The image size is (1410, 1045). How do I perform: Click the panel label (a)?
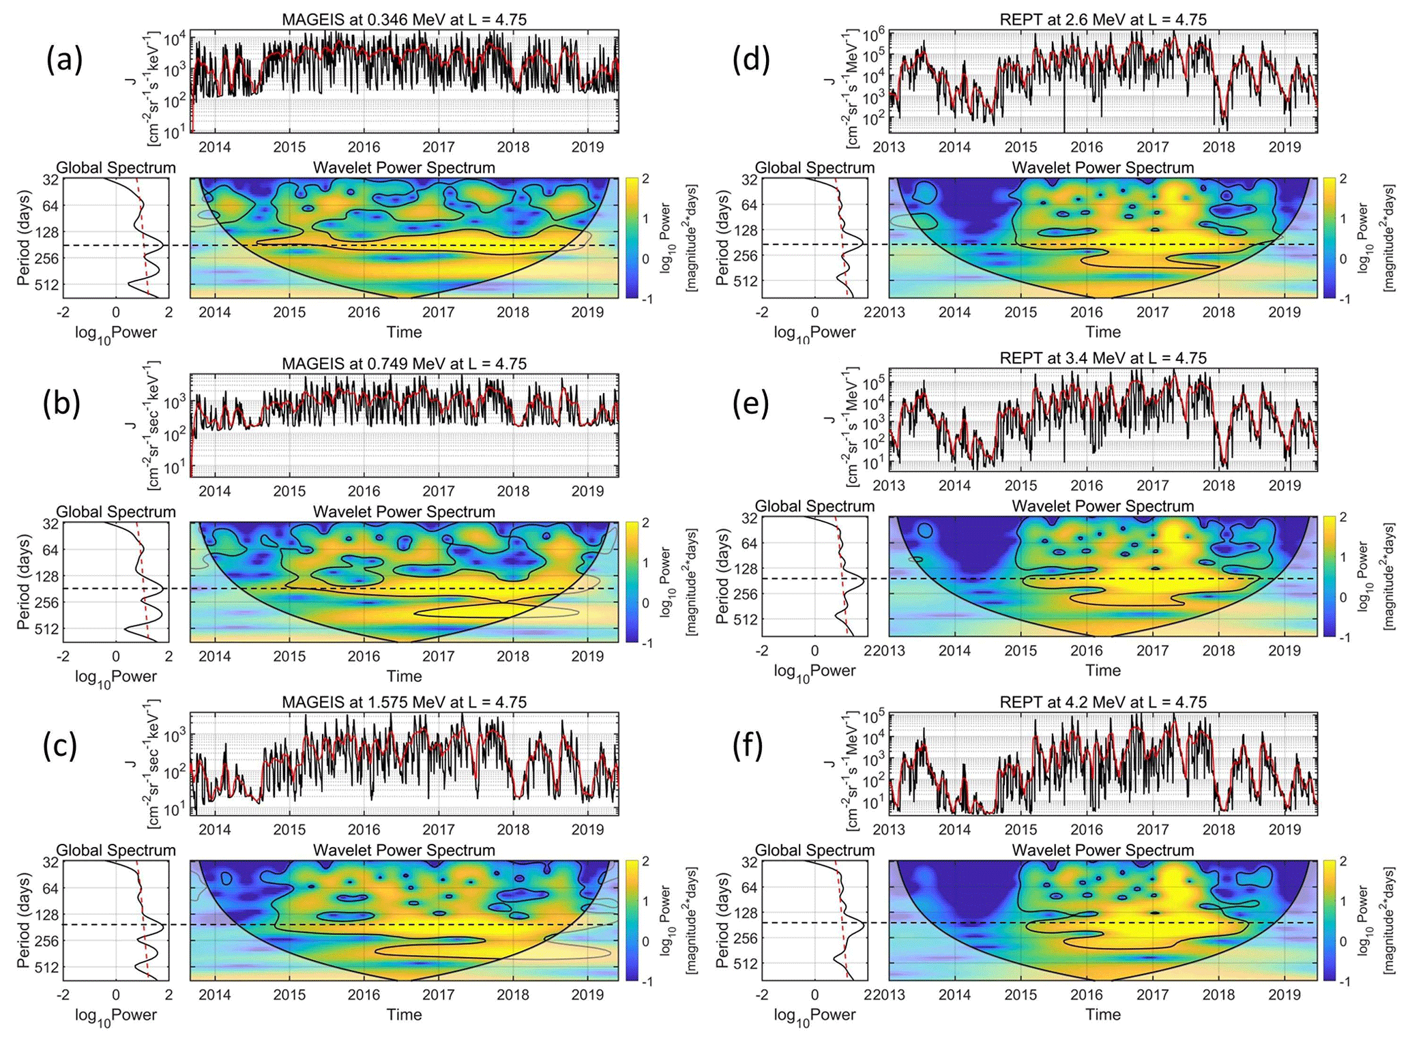64,61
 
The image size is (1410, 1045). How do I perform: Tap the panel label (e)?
750,404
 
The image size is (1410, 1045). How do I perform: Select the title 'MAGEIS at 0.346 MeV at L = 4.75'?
404,20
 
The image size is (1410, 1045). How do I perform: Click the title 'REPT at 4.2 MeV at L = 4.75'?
1103,702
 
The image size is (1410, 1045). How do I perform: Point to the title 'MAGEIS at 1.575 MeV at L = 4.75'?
404,702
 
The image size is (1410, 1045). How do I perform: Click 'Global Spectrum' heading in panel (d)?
814,168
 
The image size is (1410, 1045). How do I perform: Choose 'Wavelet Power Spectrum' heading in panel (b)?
404,512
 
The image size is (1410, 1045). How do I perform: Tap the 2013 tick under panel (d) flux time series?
889,147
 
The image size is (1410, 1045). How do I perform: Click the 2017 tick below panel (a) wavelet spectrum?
438,312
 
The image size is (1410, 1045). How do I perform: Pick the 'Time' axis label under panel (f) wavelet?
1103,1014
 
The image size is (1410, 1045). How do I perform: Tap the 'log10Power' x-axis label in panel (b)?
115,677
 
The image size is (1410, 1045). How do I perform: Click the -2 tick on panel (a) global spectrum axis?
63,312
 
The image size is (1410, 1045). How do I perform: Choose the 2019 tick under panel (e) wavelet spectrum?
1284,651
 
